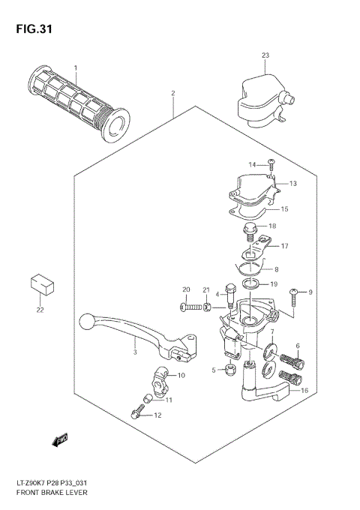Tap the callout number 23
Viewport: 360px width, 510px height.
[x=265, y=55]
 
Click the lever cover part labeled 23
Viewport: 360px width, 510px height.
[x=259, y=97]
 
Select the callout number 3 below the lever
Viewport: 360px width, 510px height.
[x=134, y=352]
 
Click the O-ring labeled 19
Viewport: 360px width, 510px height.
[x=253, y=284]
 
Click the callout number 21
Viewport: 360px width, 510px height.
[x=205, y=289]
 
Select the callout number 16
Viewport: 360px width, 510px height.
[x=304, y=391]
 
